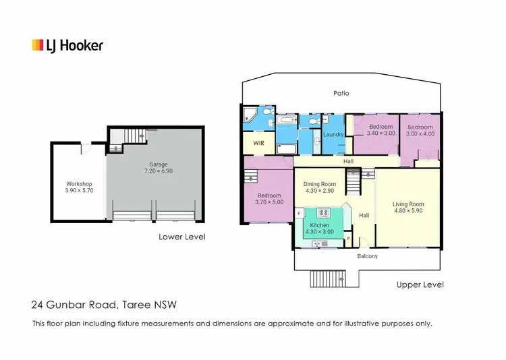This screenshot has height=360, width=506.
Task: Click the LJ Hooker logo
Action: tap(67, 46)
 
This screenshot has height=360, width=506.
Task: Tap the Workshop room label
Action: tap(78, 184)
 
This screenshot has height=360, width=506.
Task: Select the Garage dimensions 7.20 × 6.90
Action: tap(158, 171)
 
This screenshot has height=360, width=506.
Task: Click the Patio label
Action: tap(341, 93)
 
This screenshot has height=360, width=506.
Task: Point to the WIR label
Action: tap(258, 144)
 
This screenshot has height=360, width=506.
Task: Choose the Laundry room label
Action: tap(333, 134)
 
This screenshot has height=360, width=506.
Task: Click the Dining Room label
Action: tap(319, 184)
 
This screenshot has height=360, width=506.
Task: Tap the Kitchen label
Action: tap(319, 224)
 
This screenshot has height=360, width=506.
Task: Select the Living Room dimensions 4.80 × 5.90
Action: tap(408, 212)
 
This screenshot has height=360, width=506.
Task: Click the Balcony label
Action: tap(367, 256)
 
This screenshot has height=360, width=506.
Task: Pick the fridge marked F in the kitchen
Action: tap(299, 213)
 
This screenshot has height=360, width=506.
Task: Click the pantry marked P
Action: tap(348, 238)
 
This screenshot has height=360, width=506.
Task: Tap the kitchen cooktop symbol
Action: tap(322, 213)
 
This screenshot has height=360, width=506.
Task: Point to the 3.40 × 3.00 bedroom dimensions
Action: tap(380, 133)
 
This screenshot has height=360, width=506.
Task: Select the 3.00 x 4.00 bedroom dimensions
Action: tap(420, 133)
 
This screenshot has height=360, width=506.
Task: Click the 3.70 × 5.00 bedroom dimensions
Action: tap(269, 202)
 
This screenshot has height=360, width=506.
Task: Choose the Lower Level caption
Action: tap(182, 237)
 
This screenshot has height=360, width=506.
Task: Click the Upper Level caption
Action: tap(420, 285)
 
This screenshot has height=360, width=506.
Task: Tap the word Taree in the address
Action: tap(135, 305)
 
